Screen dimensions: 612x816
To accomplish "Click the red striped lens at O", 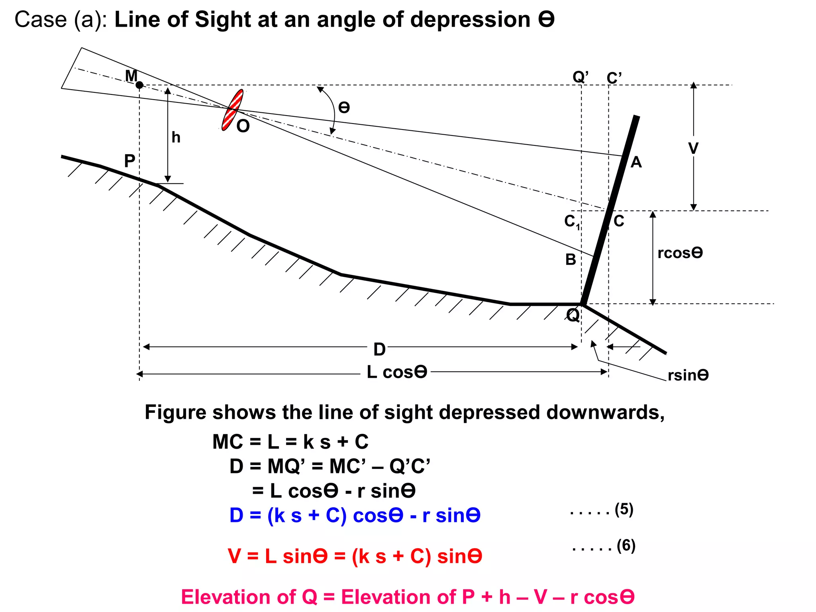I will (x=232, y=110).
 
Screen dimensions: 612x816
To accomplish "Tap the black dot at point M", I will (x=139, y=85).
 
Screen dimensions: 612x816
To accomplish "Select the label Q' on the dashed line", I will (x=581, y=76).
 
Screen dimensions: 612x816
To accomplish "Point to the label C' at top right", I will (x=614, y=78).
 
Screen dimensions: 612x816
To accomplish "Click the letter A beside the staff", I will (x=636, y=163).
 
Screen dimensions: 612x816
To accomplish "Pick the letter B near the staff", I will (x=571, y=260).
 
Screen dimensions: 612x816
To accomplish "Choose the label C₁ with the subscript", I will (x=572, y=222).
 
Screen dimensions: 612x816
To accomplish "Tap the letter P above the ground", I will (x=129, y=161).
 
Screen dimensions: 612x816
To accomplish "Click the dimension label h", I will (x=176, y=137).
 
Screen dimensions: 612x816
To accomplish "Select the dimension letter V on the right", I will (x=693, y=148).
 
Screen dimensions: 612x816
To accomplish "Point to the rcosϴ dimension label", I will (x=680, y=253).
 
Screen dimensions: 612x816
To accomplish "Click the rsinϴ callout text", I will (x=688, y=375).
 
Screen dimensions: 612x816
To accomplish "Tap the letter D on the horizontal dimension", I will (x=379, y=349).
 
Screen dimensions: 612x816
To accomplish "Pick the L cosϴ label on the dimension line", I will (x=397, y=372).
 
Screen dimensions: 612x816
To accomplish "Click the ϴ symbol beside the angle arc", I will (x=344, y=108).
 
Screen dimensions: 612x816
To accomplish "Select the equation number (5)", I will (x=624, y=509).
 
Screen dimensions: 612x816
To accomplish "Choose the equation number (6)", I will (x=626, y=545).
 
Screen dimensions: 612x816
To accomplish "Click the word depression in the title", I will (x=470, y=20).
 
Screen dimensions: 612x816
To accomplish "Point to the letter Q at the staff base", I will (x=573, y=315).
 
